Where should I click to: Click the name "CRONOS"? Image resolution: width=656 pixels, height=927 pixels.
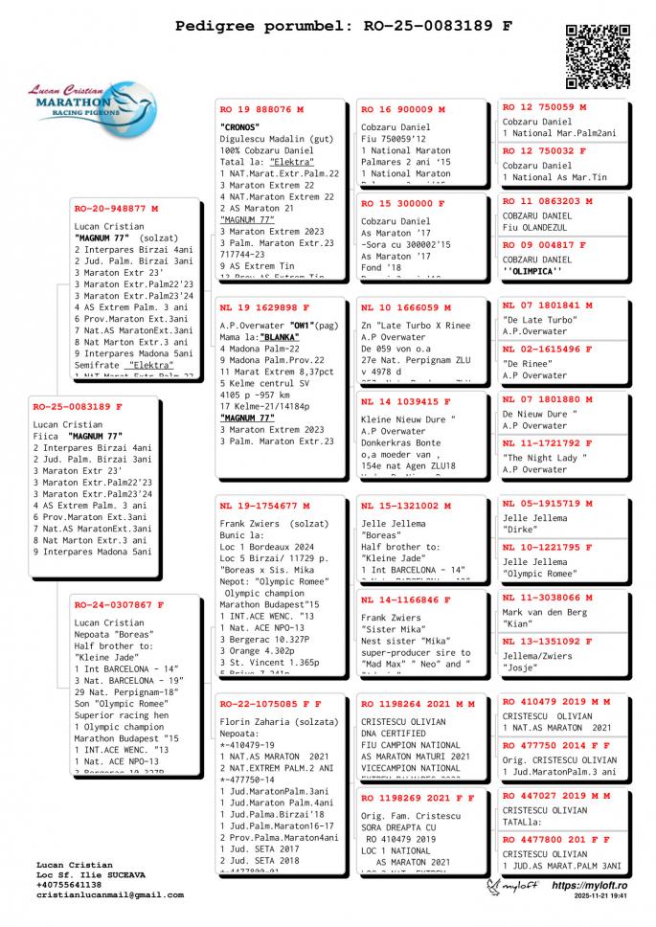pos(239,127)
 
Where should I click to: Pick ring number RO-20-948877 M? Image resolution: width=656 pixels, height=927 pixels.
pos(116,208)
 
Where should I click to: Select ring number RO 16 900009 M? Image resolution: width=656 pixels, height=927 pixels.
pos(402,110)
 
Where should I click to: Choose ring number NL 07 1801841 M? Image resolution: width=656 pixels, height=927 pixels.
pos(548,305)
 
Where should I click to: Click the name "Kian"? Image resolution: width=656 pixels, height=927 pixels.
pos(519,624)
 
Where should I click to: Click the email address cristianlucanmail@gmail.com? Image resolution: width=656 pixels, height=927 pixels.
pos(109,895)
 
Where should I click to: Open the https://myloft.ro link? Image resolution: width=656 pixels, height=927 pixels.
pos(589,887)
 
